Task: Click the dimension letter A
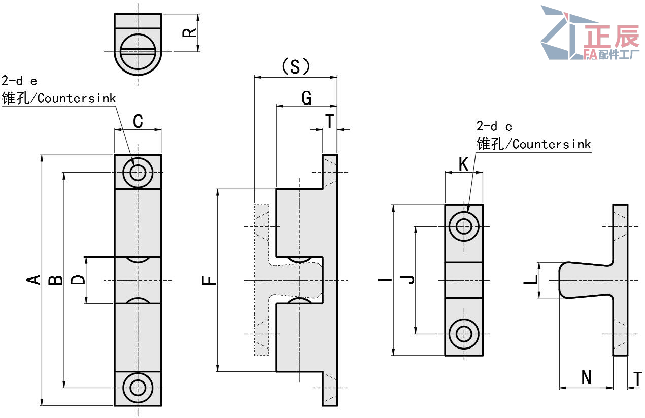33,280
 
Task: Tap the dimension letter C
138,122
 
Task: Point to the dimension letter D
78,280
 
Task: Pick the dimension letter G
307,98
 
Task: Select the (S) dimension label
295,67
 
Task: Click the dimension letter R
189,33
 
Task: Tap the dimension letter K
463,164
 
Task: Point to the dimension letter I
385,280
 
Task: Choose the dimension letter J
408,280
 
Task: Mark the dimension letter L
530,280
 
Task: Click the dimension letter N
587,378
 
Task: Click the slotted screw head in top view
138,51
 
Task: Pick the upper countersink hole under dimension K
463,226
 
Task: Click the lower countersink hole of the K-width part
463,334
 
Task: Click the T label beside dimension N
638,378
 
